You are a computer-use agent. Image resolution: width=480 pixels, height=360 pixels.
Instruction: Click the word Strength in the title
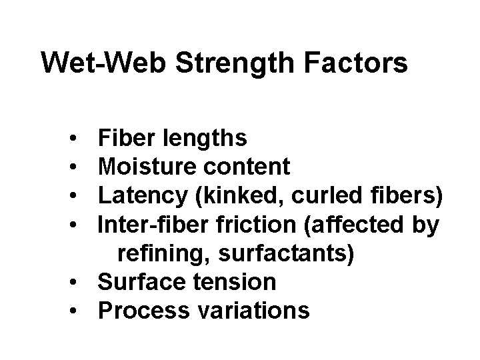click(235, 64)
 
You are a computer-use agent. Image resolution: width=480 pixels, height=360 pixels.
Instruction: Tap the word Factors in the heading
click(356, 63)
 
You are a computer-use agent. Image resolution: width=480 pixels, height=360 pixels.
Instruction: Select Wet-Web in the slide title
click(103, 63)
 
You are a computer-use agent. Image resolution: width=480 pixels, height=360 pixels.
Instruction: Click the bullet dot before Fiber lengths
click(73, 138)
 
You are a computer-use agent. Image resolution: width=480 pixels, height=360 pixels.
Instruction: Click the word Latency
click(143, 195)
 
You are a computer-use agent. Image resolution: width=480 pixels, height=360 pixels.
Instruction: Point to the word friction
click(256, 225)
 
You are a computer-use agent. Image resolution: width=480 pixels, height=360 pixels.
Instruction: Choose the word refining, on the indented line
click(164, 253)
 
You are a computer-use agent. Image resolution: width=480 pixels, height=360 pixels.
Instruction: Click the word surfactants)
click(286, 253)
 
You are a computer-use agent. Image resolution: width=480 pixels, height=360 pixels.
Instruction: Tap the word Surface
click(141, 281)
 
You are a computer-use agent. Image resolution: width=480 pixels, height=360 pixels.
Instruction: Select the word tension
click(235, 282)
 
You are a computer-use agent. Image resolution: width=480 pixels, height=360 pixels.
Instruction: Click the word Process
click(144, 311)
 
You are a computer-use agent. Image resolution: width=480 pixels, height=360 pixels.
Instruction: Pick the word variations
click(253, 311)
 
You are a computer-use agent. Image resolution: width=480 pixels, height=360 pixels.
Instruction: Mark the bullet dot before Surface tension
click(73, 281)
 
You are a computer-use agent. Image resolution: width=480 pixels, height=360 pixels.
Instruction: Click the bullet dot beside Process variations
click(73, 311)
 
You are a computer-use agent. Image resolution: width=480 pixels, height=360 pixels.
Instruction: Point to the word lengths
click(205, 139)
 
